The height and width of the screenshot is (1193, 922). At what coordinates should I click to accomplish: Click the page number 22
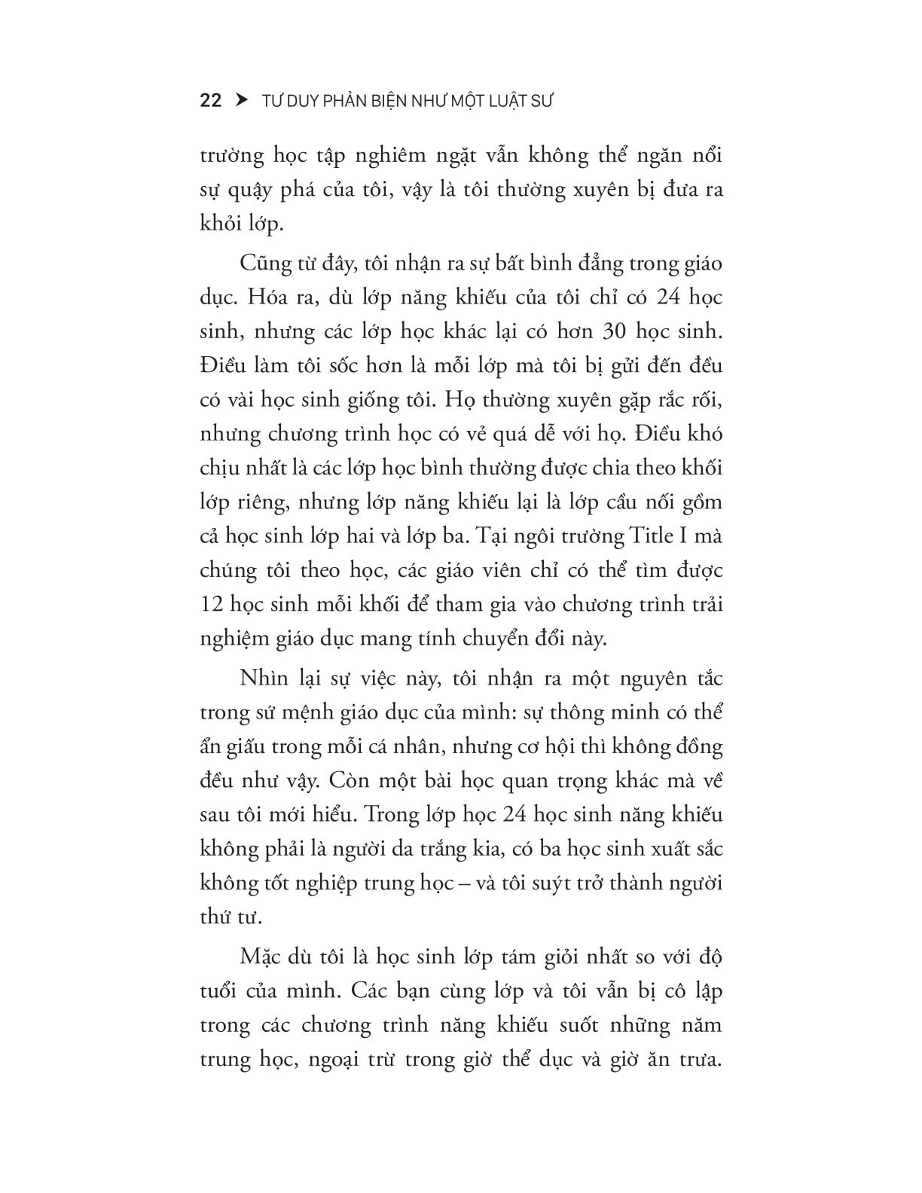point(211,101)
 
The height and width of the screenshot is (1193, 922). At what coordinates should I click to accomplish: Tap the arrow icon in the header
point(242,100)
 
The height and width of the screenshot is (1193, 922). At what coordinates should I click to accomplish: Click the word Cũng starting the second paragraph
point(264,264)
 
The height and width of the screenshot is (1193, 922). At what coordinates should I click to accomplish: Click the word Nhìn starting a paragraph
point(264,678)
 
